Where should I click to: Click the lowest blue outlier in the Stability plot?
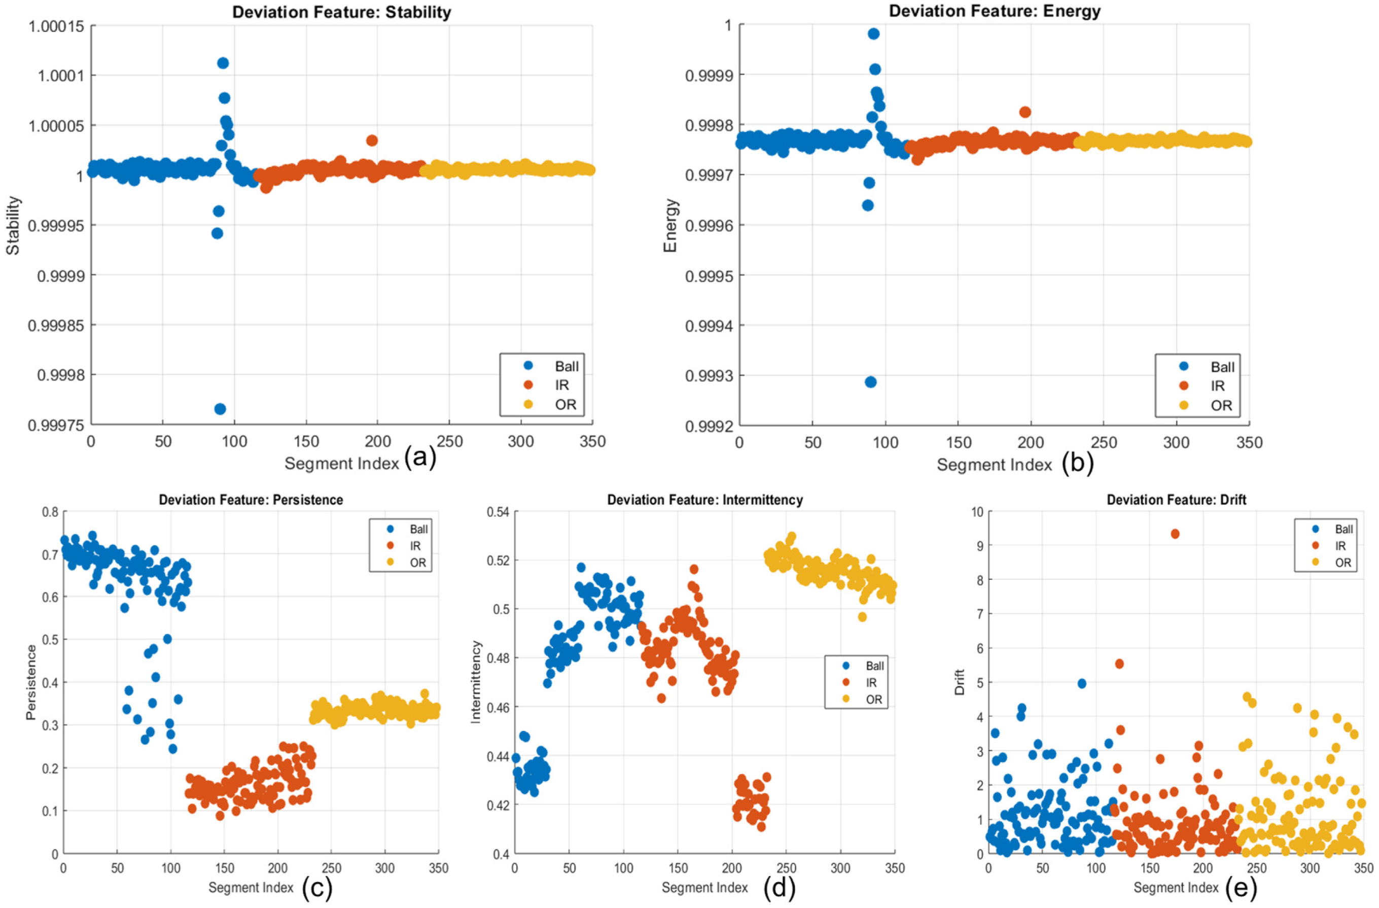(220, 409)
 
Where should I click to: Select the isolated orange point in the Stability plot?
(372, 140)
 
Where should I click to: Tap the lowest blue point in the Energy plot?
(870, 382)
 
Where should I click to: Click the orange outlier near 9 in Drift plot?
(1175, 534)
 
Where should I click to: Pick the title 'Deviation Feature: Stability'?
(342, 12)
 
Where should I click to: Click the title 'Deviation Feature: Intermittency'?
(705, 500)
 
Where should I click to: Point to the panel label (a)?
(420, 457)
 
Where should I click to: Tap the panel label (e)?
(1241, 887)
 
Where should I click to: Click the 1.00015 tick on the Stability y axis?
(57, 26)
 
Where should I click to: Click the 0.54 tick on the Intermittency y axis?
(498, 512)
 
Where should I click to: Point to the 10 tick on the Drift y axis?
(978, 512)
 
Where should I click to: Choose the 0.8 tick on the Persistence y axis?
(50, 512)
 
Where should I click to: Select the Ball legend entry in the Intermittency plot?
(863, 666)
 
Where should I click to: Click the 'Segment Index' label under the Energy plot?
(994, 465)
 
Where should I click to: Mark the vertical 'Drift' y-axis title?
(960, 682)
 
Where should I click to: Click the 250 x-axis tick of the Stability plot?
(449, 441)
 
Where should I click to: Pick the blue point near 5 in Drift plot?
(1081, 684)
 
